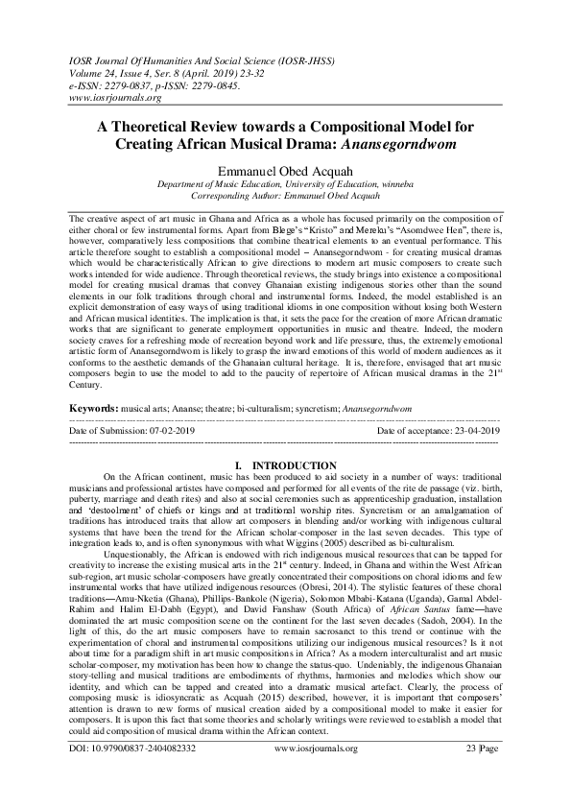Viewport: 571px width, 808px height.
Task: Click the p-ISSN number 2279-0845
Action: tap(215, 84)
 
